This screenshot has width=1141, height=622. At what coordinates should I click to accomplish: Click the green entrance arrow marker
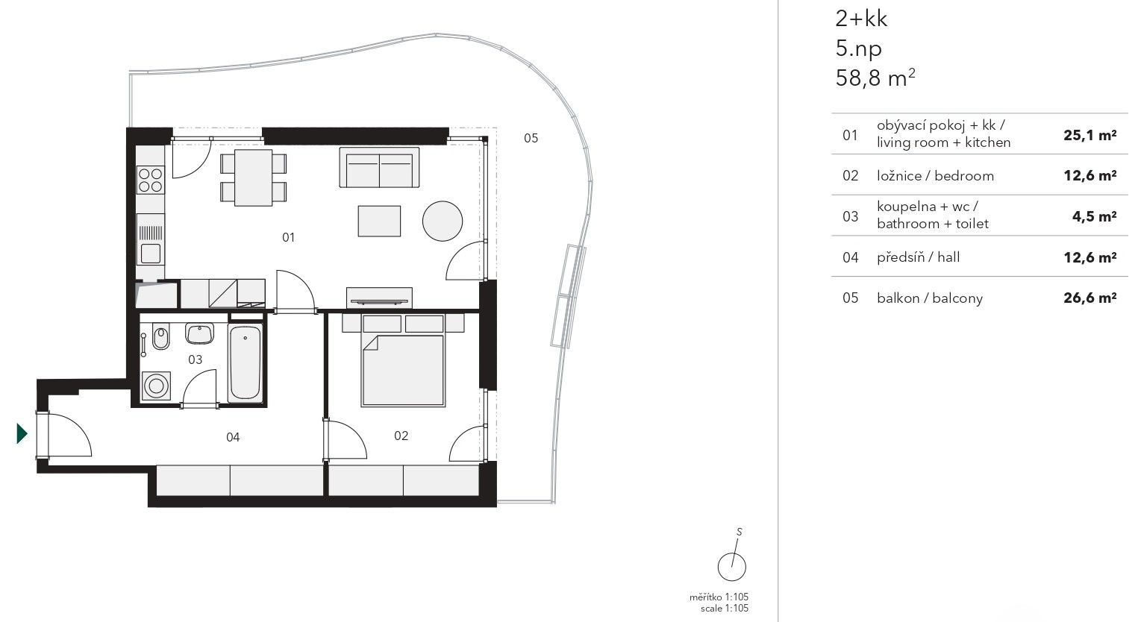coord(22,433)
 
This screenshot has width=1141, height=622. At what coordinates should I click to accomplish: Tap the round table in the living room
coord(443,221)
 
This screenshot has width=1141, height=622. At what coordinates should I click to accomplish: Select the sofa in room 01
coord(380,168)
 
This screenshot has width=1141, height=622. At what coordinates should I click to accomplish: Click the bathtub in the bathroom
coord(245,362)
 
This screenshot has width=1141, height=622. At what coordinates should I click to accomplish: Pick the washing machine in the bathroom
coord(157,386)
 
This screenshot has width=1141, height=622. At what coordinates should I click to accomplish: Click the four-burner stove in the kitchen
coord(150,180)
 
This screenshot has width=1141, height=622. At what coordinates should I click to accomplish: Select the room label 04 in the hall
coord(233,437)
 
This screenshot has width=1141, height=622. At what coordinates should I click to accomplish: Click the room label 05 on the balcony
coord(531,138)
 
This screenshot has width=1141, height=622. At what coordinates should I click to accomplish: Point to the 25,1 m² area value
coord(1090,135)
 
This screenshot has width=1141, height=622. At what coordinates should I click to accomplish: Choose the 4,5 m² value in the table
coord(1094,216)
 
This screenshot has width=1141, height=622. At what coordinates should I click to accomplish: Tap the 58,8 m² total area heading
coord(875,78)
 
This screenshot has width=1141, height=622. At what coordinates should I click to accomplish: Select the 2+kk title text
coord(861,19)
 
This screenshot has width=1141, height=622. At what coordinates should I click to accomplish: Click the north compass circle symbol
coord(732,567)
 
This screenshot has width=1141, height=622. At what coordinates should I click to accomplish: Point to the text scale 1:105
coord(725,609)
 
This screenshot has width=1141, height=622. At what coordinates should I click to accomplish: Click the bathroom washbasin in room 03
coord(199,333)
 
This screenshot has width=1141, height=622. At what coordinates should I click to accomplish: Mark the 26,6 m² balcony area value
coord(1090,298)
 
